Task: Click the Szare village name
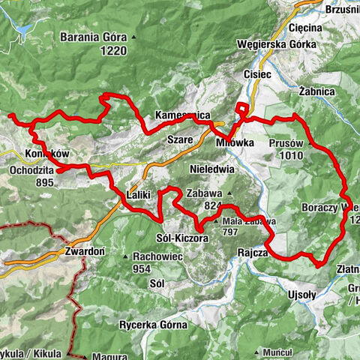coord(181,139)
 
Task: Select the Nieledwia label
coord(213,169)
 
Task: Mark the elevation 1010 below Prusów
coord(288,156)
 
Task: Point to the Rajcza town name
coord(253,252)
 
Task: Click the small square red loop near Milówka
coord(242,108)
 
